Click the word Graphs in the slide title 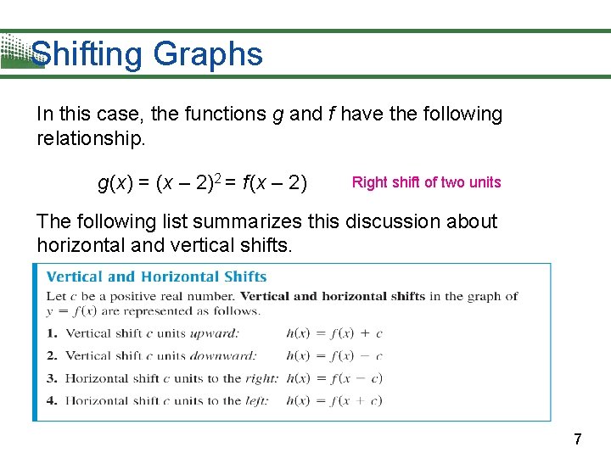(x=208, y=55)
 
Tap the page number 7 (x=578, y=439)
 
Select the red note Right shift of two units (x=426, y=182)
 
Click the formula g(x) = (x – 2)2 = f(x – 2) (x=203, y=182)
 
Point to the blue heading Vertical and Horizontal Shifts (x=156, y=276)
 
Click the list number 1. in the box (x=52, y=333)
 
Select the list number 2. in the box (x=52, y=356)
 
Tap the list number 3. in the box (x=52, y=378)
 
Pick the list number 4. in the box (x=52, y=400)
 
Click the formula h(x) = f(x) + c (x=334, y=333)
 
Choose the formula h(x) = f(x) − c (x=334, y=356)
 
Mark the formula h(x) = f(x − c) (x=334, y=378)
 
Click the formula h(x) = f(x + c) (x=334, y=400)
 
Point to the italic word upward (x=212, y=333)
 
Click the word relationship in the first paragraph (x=90, y=137)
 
